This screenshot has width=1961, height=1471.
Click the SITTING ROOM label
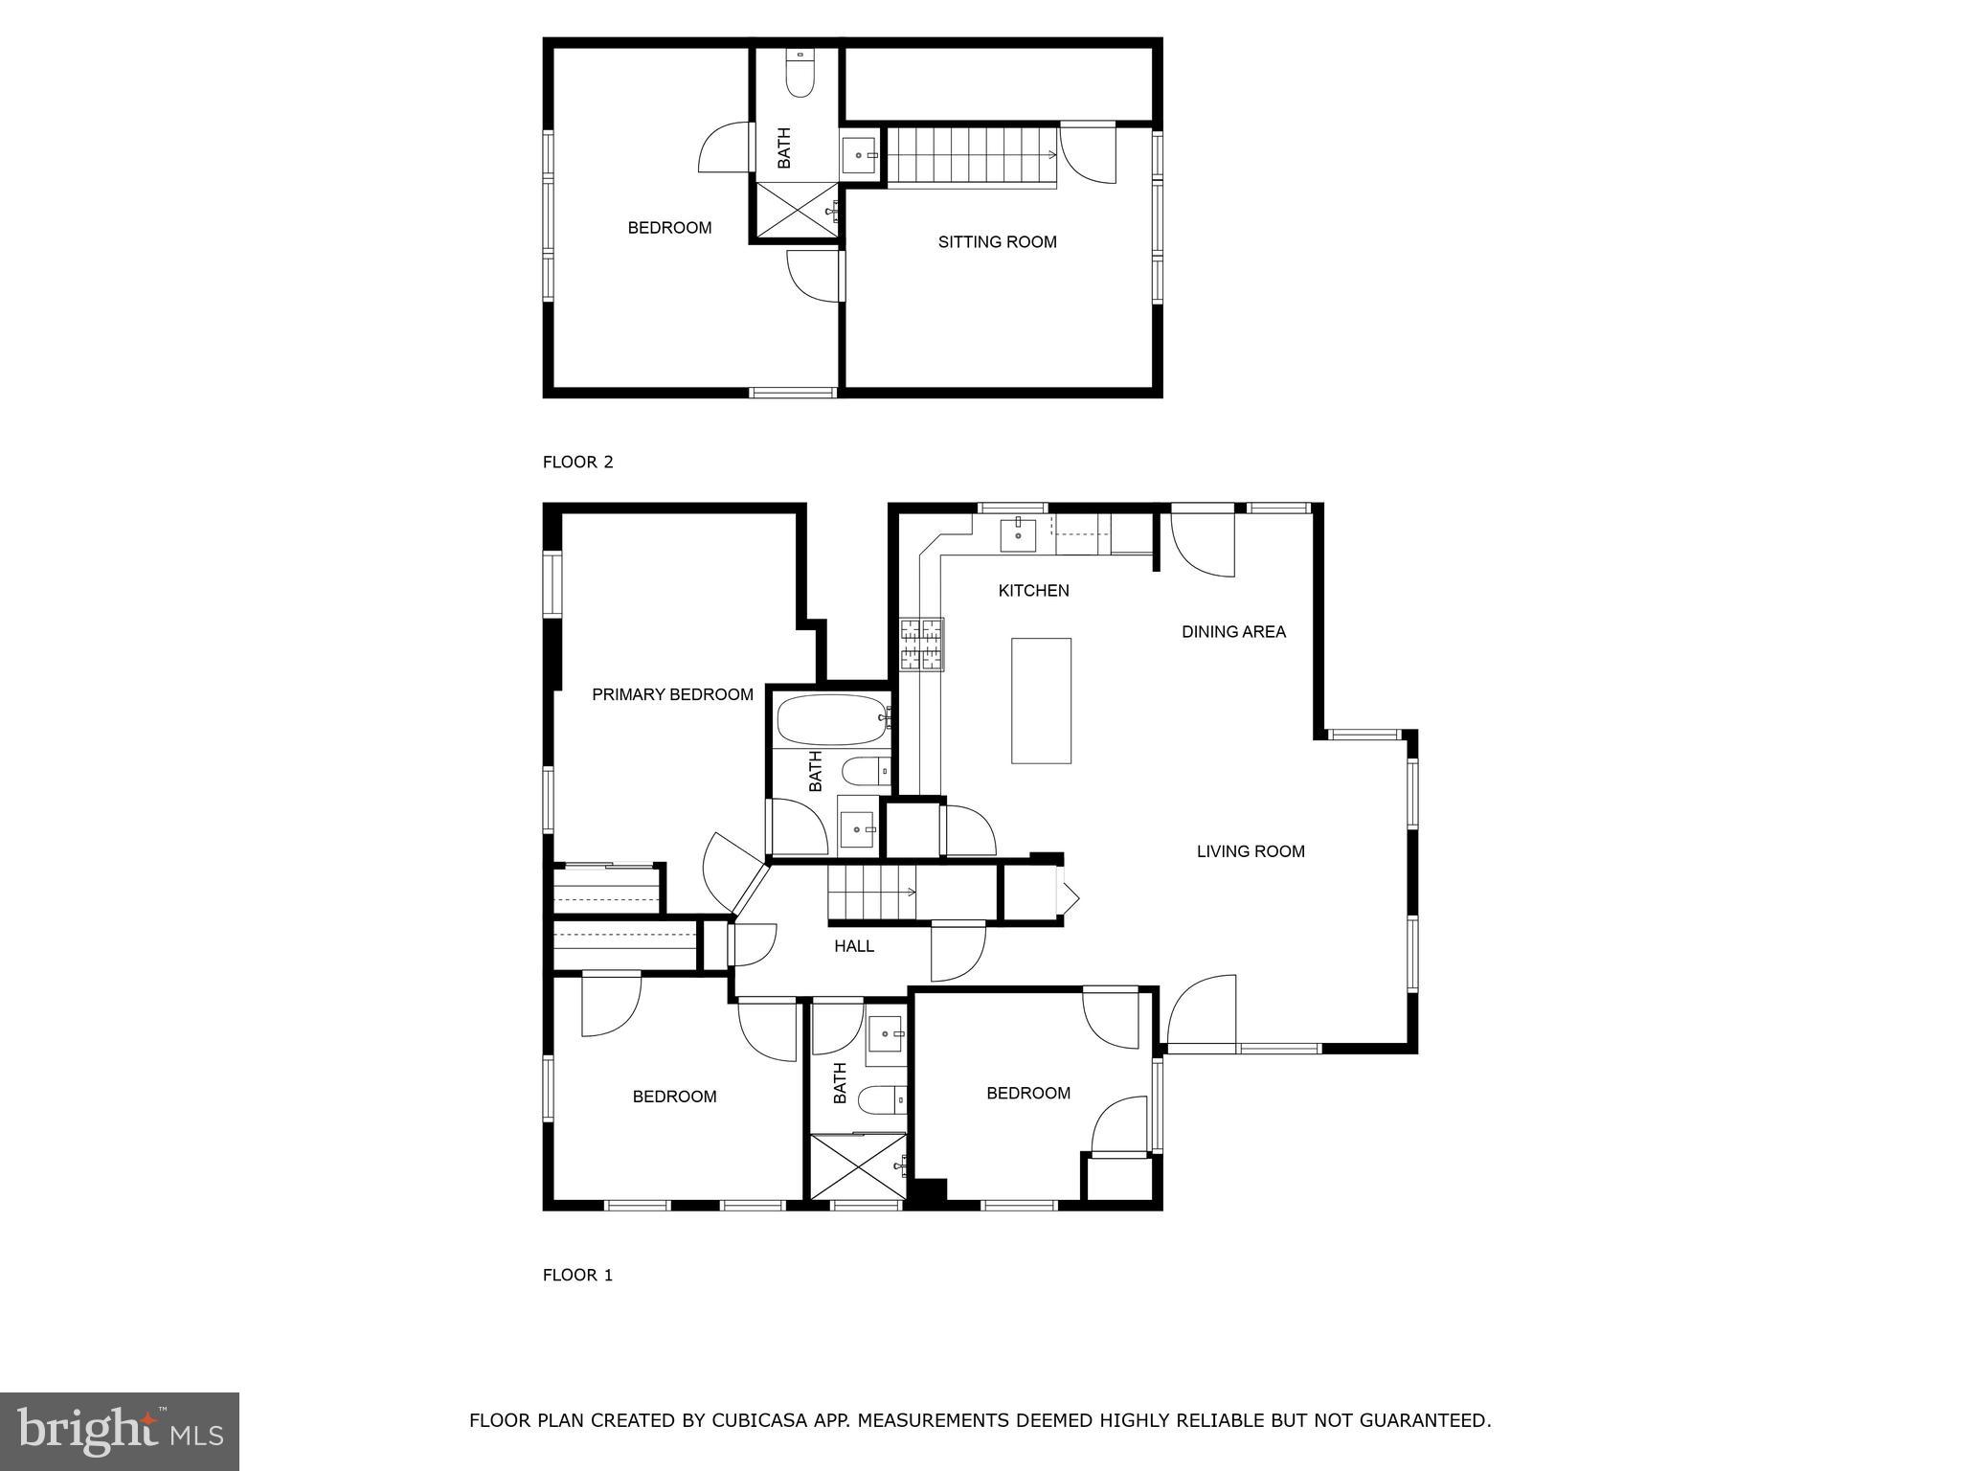click(997, 242)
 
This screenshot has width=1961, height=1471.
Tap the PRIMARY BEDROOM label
click(672, 694)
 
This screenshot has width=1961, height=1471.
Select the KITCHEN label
click(1033, 591)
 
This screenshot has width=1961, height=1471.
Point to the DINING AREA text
click(1233, 632)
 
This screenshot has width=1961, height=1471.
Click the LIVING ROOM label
click(1251, 851)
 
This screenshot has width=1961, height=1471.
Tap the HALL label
click(853, 946)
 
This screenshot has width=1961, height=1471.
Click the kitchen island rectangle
click(1041, 700)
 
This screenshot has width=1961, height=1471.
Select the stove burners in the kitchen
click(921, 644)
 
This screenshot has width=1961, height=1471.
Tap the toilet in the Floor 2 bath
click(800, 73)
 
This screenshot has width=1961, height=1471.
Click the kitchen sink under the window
click(1018, 535)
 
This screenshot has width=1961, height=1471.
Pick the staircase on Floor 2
click(972, 155)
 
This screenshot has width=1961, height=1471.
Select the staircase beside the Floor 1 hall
click(871, 892)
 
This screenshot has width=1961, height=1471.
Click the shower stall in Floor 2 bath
click(797, 210)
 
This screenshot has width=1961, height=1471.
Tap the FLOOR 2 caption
click(577, 463)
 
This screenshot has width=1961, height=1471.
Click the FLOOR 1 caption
click(577, 1275)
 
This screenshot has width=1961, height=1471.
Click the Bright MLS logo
click(120, 1431)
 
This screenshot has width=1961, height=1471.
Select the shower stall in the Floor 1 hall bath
click(857, 1165)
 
